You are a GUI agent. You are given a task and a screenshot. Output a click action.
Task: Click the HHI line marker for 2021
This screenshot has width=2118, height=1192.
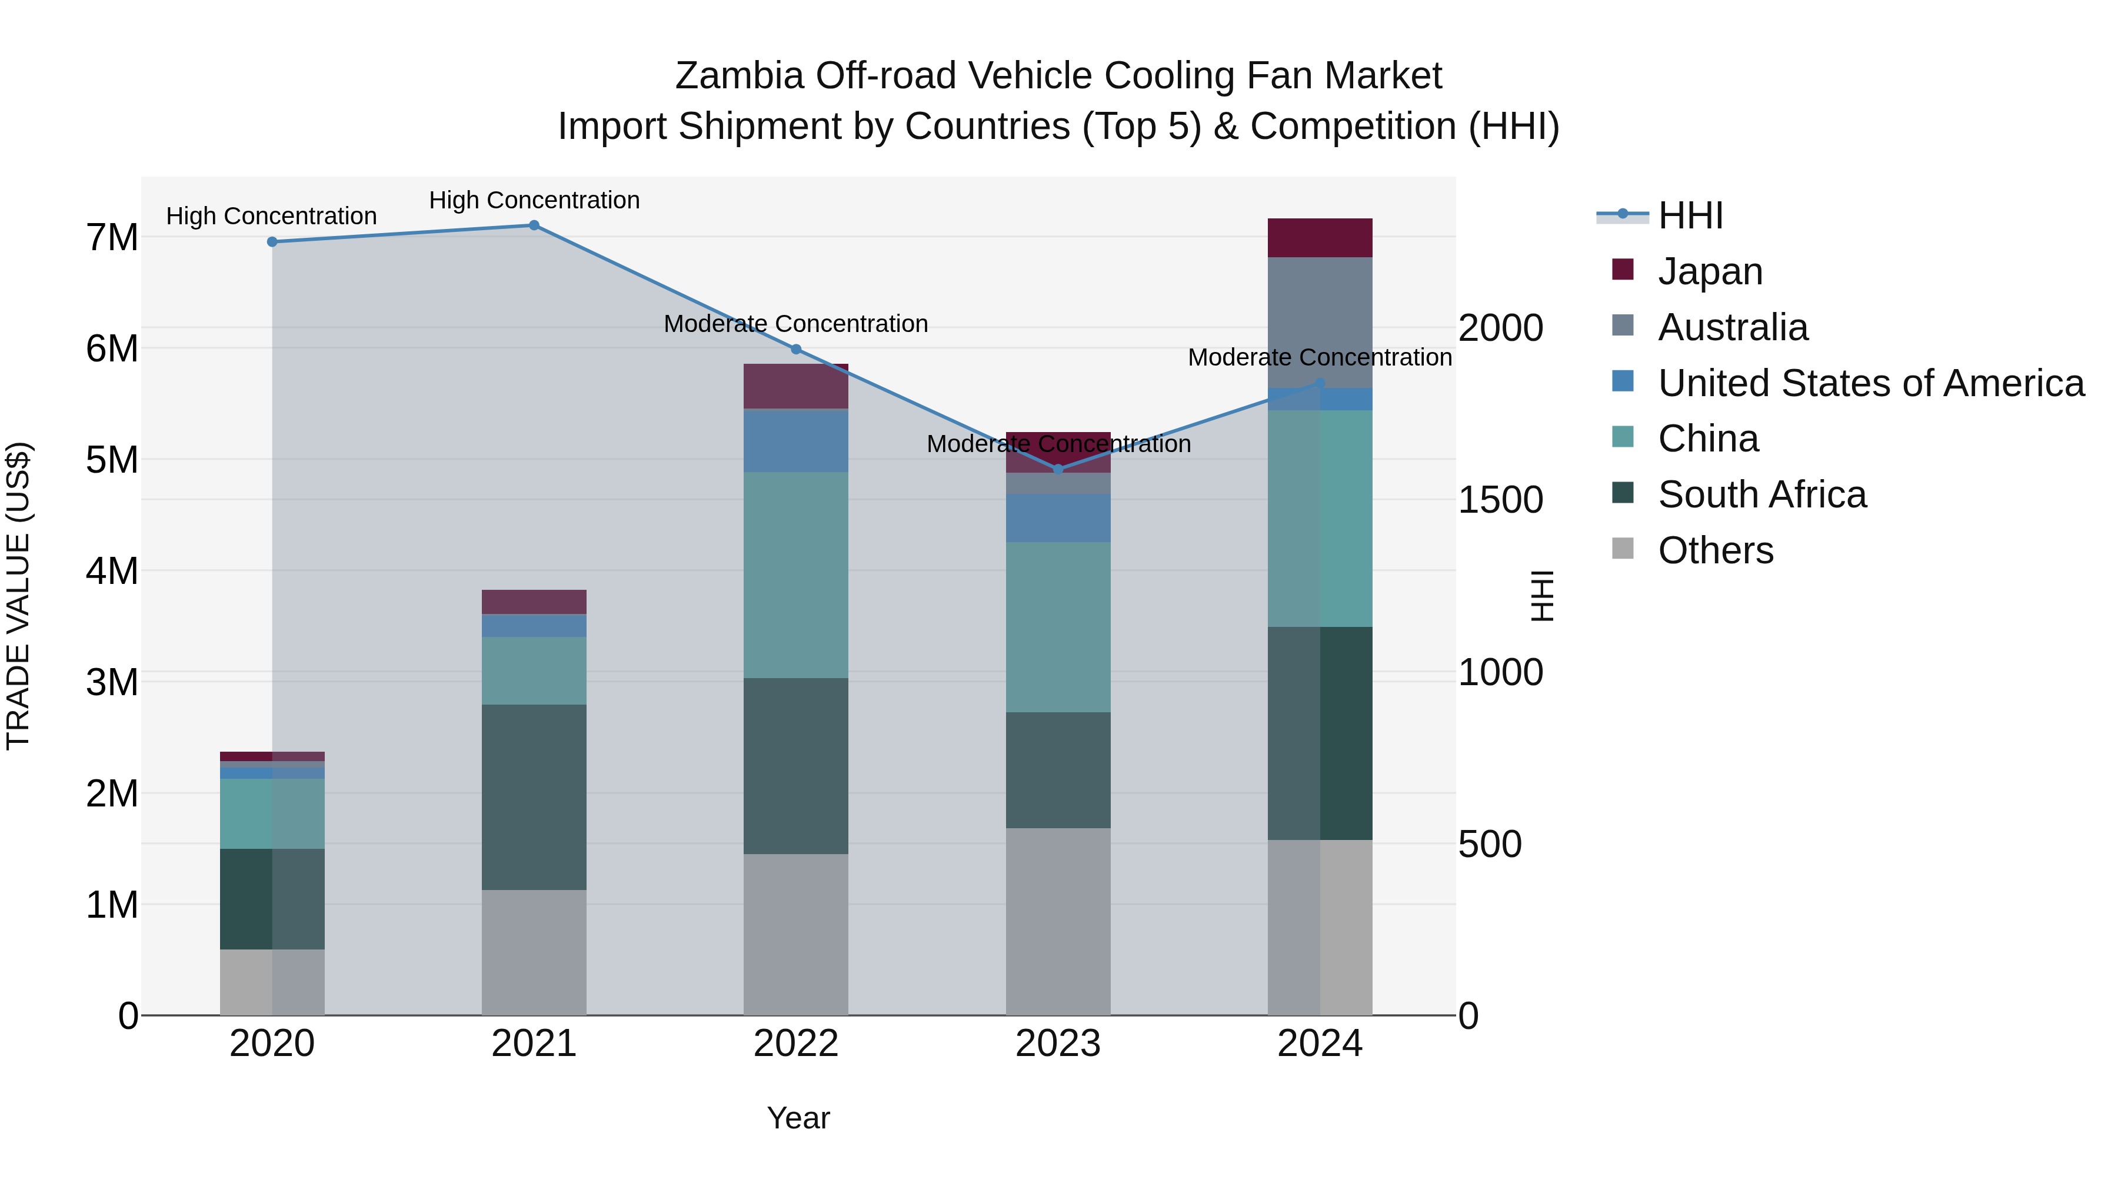point(534,225)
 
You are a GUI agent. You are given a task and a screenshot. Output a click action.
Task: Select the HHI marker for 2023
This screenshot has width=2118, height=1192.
point(1058,469)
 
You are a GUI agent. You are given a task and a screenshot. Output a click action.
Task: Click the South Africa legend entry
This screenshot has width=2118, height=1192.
point(1761,494)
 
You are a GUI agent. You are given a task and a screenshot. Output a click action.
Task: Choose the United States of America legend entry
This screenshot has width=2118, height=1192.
point(1870,383)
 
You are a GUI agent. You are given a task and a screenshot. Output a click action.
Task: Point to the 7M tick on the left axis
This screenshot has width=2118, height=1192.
point(112,238)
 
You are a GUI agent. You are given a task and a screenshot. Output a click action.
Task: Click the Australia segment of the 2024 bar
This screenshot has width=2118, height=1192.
point(1320,323)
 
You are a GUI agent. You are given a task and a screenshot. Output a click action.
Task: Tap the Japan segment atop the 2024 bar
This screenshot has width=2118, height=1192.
point(1320,238)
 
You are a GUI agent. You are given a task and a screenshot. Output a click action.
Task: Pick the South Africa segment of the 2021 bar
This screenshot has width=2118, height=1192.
point(534,796)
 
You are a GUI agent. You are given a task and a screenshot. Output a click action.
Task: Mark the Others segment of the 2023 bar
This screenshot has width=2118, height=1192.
point(1058,921)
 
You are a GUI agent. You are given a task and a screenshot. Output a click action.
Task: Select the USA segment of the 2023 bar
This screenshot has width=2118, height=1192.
point(1058,517)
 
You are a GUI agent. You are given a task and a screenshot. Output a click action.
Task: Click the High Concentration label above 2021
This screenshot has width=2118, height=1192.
point(534,200)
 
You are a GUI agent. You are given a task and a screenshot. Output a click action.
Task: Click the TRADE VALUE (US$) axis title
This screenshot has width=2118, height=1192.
point(18,596)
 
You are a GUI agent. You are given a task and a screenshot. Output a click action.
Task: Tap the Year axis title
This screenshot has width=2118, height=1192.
point(798,1118)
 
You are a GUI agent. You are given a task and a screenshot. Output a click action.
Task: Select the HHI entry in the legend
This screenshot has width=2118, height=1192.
point(1690,215)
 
